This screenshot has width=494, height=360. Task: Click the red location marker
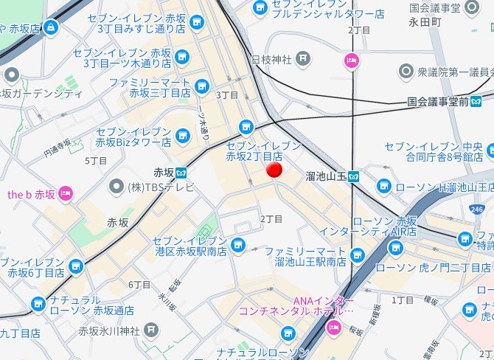coord(274,170)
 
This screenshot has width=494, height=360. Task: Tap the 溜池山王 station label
coord(325,176)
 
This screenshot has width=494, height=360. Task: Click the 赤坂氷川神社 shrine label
coord(108,329)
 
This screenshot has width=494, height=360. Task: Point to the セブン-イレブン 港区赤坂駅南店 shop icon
coord(237,244)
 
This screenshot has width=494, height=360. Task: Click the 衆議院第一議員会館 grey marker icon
coord(406,71)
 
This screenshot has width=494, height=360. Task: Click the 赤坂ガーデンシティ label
coord(42,94)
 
